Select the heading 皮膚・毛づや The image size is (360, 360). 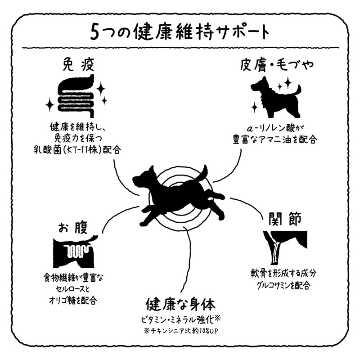point(277,64)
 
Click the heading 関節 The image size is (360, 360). point(285,218)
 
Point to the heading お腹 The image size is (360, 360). point(73,227)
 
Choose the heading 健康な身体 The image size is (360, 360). point(181,305)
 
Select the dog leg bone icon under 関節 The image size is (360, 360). point(285,247)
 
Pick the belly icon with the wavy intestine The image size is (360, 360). point(74,252)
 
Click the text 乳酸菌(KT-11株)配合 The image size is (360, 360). point(77,150)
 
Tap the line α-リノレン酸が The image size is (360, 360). point(274,128)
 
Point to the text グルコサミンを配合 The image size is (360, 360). point(284,285)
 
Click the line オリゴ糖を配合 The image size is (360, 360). point(73,300)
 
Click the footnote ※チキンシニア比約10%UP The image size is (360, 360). point(181,331)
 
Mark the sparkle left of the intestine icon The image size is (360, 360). point(49,105)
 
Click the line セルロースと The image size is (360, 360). point(73,289)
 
